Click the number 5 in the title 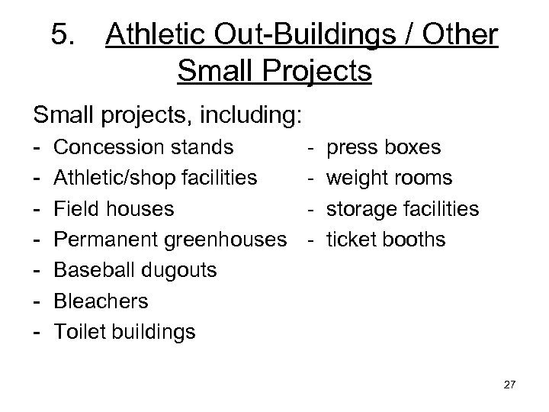pos(61,35)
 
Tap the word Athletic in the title pos(152,35)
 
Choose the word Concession pos(108,146)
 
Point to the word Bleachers pos(102,301)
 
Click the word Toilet pos(81,332)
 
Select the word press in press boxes pos(348,147)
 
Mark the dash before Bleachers pos(38,301)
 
